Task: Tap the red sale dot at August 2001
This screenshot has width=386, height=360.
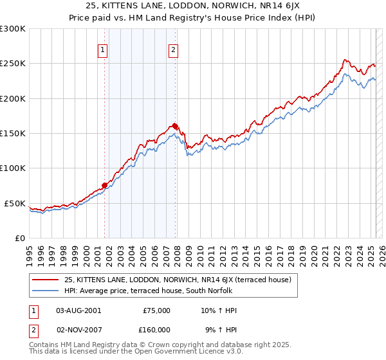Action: click(104, 185)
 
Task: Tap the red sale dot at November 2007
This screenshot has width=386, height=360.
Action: click(175, 126)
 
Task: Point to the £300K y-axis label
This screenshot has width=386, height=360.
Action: click(13, 29)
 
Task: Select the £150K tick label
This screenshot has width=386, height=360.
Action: click(13, 134)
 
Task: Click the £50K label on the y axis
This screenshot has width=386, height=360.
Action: click(15, 203)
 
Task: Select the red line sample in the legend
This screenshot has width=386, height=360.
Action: click(46, 280)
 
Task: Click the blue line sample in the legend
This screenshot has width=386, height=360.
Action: click(46, 291)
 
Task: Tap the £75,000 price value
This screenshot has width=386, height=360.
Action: click(154, 310)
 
